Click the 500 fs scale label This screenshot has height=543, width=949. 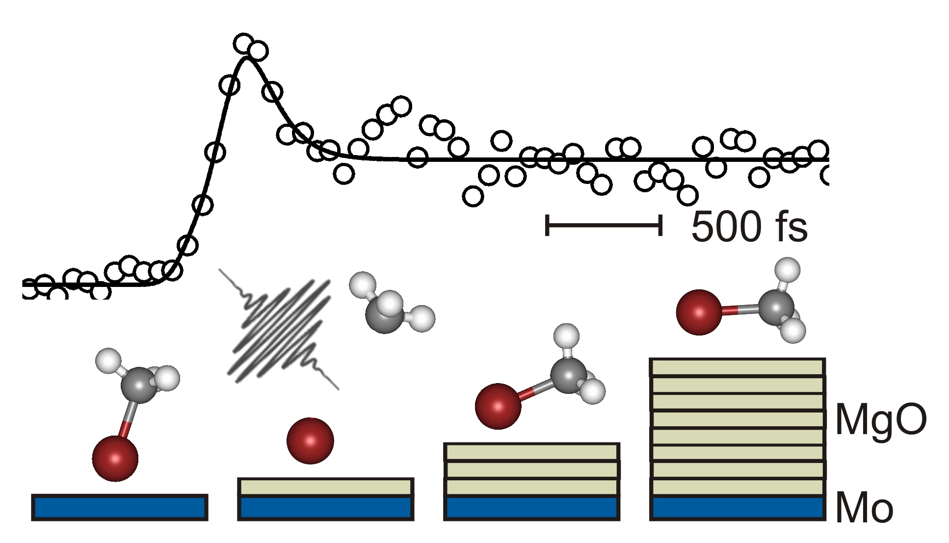pyautogui.click(x=749, y=227)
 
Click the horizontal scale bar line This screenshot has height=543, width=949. pyautogui.click(x=604, y=225)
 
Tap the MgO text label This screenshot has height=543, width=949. pyautogui.click(x=881, y=420)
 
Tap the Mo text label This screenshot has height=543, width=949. pyautogui.click(x=864, y=508)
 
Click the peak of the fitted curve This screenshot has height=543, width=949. pyautogui.click(x=247, y=58)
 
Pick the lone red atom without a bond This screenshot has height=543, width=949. pyautogui.click(x=310, y=440)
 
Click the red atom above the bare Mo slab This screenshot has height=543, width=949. pyautogui.click(x=115, y=458)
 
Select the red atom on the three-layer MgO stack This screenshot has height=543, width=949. pyautogui.click(x=498, y=406)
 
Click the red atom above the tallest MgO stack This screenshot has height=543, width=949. pyautogui.click(x=699, y=312)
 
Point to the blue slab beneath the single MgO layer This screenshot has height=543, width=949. pyautogui.click(x=326, y=508)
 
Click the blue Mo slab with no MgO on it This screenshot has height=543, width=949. pyautogui.click(x=120, y=507)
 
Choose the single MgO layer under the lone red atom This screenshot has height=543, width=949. pyautogui.click(x=326, y=487)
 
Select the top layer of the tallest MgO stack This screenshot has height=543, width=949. pyautogui.click(x=738, y=367)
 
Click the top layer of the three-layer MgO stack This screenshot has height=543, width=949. pyautogui.click(x=532, y=452)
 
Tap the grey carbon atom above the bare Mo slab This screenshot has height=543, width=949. pyautogui.click(x=139, y=385)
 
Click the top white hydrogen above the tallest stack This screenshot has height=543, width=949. pyautogui.click(x=787, y=270)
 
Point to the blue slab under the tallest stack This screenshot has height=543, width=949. pyautogui.click(x=738, y=508)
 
